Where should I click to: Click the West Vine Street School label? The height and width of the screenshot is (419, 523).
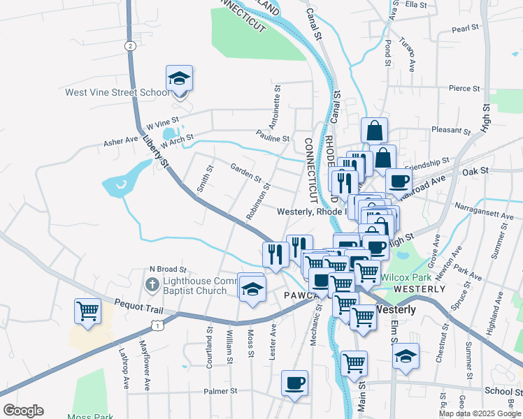117,92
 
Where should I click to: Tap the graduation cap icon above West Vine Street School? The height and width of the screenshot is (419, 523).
179,79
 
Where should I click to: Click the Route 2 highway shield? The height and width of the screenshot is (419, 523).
130,45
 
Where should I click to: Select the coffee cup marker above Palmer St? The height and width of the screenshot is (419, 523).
294,383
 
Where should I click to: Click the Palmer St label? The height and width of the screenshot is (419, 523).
221,391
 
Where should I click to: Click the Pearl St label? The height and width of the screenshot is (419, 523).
465,29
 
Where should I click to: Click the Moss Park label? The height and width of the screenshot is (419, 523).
85,416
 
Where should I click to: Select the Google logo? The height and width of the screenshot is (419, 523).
22,411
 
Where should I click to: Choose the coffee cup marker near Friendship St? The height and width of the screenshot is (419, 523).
399,181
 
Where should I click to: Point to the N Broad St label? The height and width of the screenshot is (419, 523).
168,269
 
